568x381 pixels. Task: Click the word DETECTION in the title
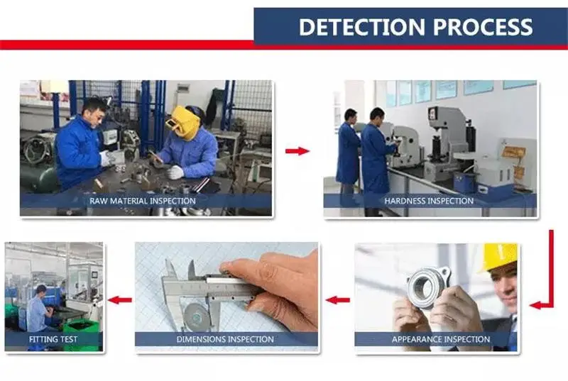click(x=361, y=27)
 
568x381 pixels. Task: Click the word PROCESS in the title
click(x=483, y=27)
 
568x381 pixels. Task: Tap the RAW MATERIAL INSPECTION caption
click(x=143, y=201)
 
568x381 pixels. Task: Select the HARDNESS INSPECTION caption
click(x=429, y=201)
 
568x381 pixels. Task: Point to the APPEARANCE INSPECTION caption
click(x=441, y=339)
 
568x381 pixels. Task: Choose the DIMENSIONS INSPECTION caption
click(x=225, y=339)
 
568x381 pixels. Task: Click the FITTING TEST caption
click(x=53, y=339)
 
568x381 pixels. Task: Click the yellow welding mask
click(x=183, y=122)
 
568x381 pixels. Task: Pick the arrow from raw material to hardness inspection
click(x=297, y=151)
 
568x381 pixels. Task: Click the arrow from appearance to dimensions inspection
click(x=338, y=300)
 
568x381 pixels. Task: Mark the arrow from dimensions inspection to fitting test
click(x=119, y=300)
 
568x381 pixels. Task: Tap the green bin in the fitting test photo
click(x=81, y=334)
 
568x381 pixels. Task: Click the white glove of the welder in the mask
click(x=175, y=172)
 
